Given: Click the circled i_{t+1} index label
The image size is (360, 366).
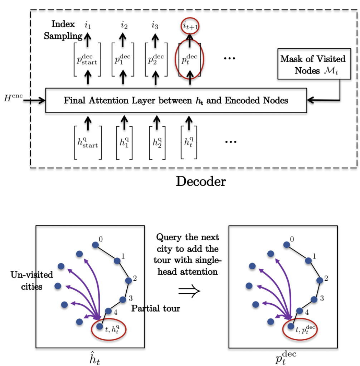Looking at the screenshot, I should pyautogui.click(x=189, y=26).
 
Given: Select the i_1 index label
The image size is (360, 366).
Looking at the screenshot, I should pyautogui.click(x=88, y=25).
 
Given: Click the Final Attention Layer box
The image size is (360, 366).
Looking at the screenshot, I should pyautogui.click(x=176, y=100).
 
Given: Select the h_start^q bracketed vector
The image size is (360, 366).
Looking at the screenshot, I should pyautogui.click(x=88, y=142).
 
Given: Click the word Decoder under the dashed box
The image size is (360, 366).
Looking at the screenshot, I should pyautogui.click(x=201, y=181).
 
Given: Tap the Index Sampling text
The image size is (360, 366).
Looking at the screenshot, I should pyautogui.click(x=63, y=30).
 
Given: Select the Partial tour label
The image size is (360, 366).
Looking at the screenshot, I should pyautogui.click(x=156, y=308).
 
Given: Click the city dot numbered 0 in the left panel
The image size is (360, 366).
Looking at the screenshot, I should pyautogui.click(x=96, y=245).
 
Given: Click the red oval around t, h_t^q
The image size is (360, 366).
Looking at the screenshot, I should pyautogui.click(x=109, y=329).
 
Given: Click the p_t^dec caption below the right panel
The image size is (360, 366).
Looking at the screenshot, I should pyautogui.click(x=286, y=357).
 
